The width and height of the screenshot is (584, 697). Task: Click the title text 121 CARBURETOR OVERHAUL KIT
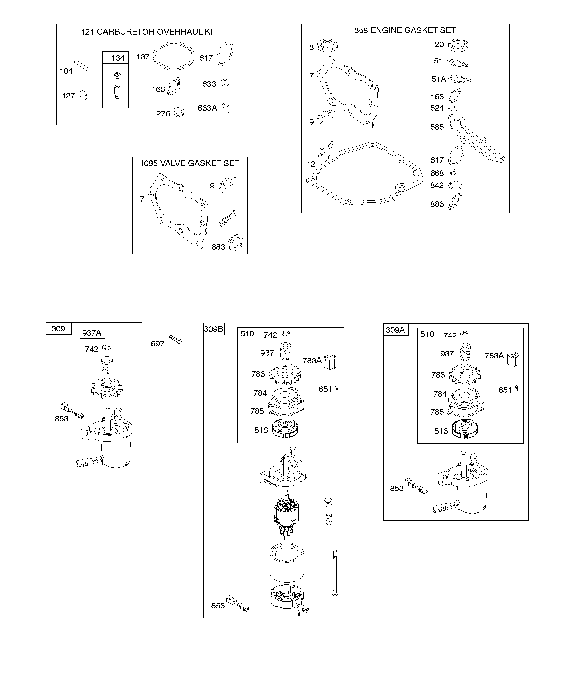(x=149, y=32)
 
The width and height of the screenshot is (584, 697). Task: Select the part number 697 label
(x=157, y=344)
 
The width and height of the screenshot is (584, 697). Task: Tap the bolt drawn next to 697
(x=176, y=339)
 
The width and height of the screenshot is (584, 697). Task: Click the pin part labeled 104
(x=82, y=65)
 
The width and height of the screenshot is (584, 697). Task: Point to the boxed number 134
(x=118, y=58)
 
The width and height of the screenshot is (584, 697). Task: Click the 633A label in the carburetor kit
(x=207, y=108)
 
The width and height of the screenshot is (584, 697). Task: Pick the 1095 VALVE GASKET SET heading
(x=190, y=163)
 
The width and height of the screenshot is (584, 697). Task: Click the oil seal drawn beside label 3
(x=327, y=45)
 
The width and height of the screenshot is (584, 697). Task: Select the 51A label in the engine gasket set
(x=439, y=79)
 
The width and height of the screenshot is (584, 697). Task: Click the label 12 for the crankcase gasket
(x=311, y=164)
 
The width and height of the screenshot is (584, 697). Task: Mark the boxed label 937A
(x=92, y=333)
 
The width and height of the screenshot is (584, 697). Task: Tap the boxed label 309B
(x=214, y=329)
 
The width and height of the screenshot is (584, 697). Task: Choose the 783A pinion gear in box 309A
(x=513, y=359)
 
